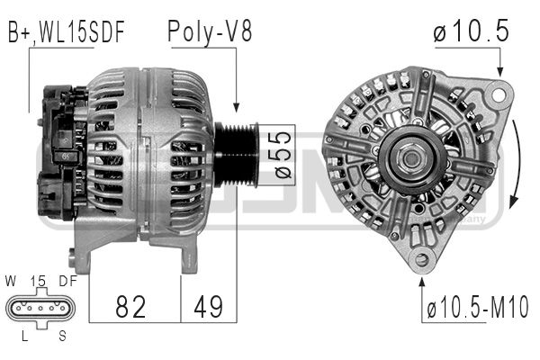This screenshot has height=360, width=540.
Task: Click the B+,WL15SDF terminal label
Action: [x=66, y=32]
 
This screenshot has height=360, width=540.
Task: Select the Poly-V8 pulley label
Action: [x=210, y=31]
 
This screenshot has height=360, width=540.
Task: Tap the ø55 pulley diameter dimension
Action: [x=283, y=155]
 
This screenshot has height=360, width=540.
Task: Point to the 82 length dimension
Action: [x=130, y=307]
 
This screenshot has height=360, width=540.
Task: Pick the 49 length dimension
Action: [x=209, y=307]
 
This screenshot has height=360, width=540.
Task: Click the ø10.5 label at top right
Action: [x=471, y=31]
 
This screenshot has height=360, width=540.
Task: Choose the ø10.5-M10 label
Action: [x=478, y=307]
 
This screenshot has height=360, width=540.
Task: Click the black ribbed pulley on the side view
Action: [x=236, y=155]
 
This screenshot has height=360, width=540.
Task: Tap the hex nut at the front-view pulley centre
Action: [x=411, y=158]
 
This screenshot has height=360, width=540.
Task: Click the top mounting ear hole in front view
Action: [x=498, y=94]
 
